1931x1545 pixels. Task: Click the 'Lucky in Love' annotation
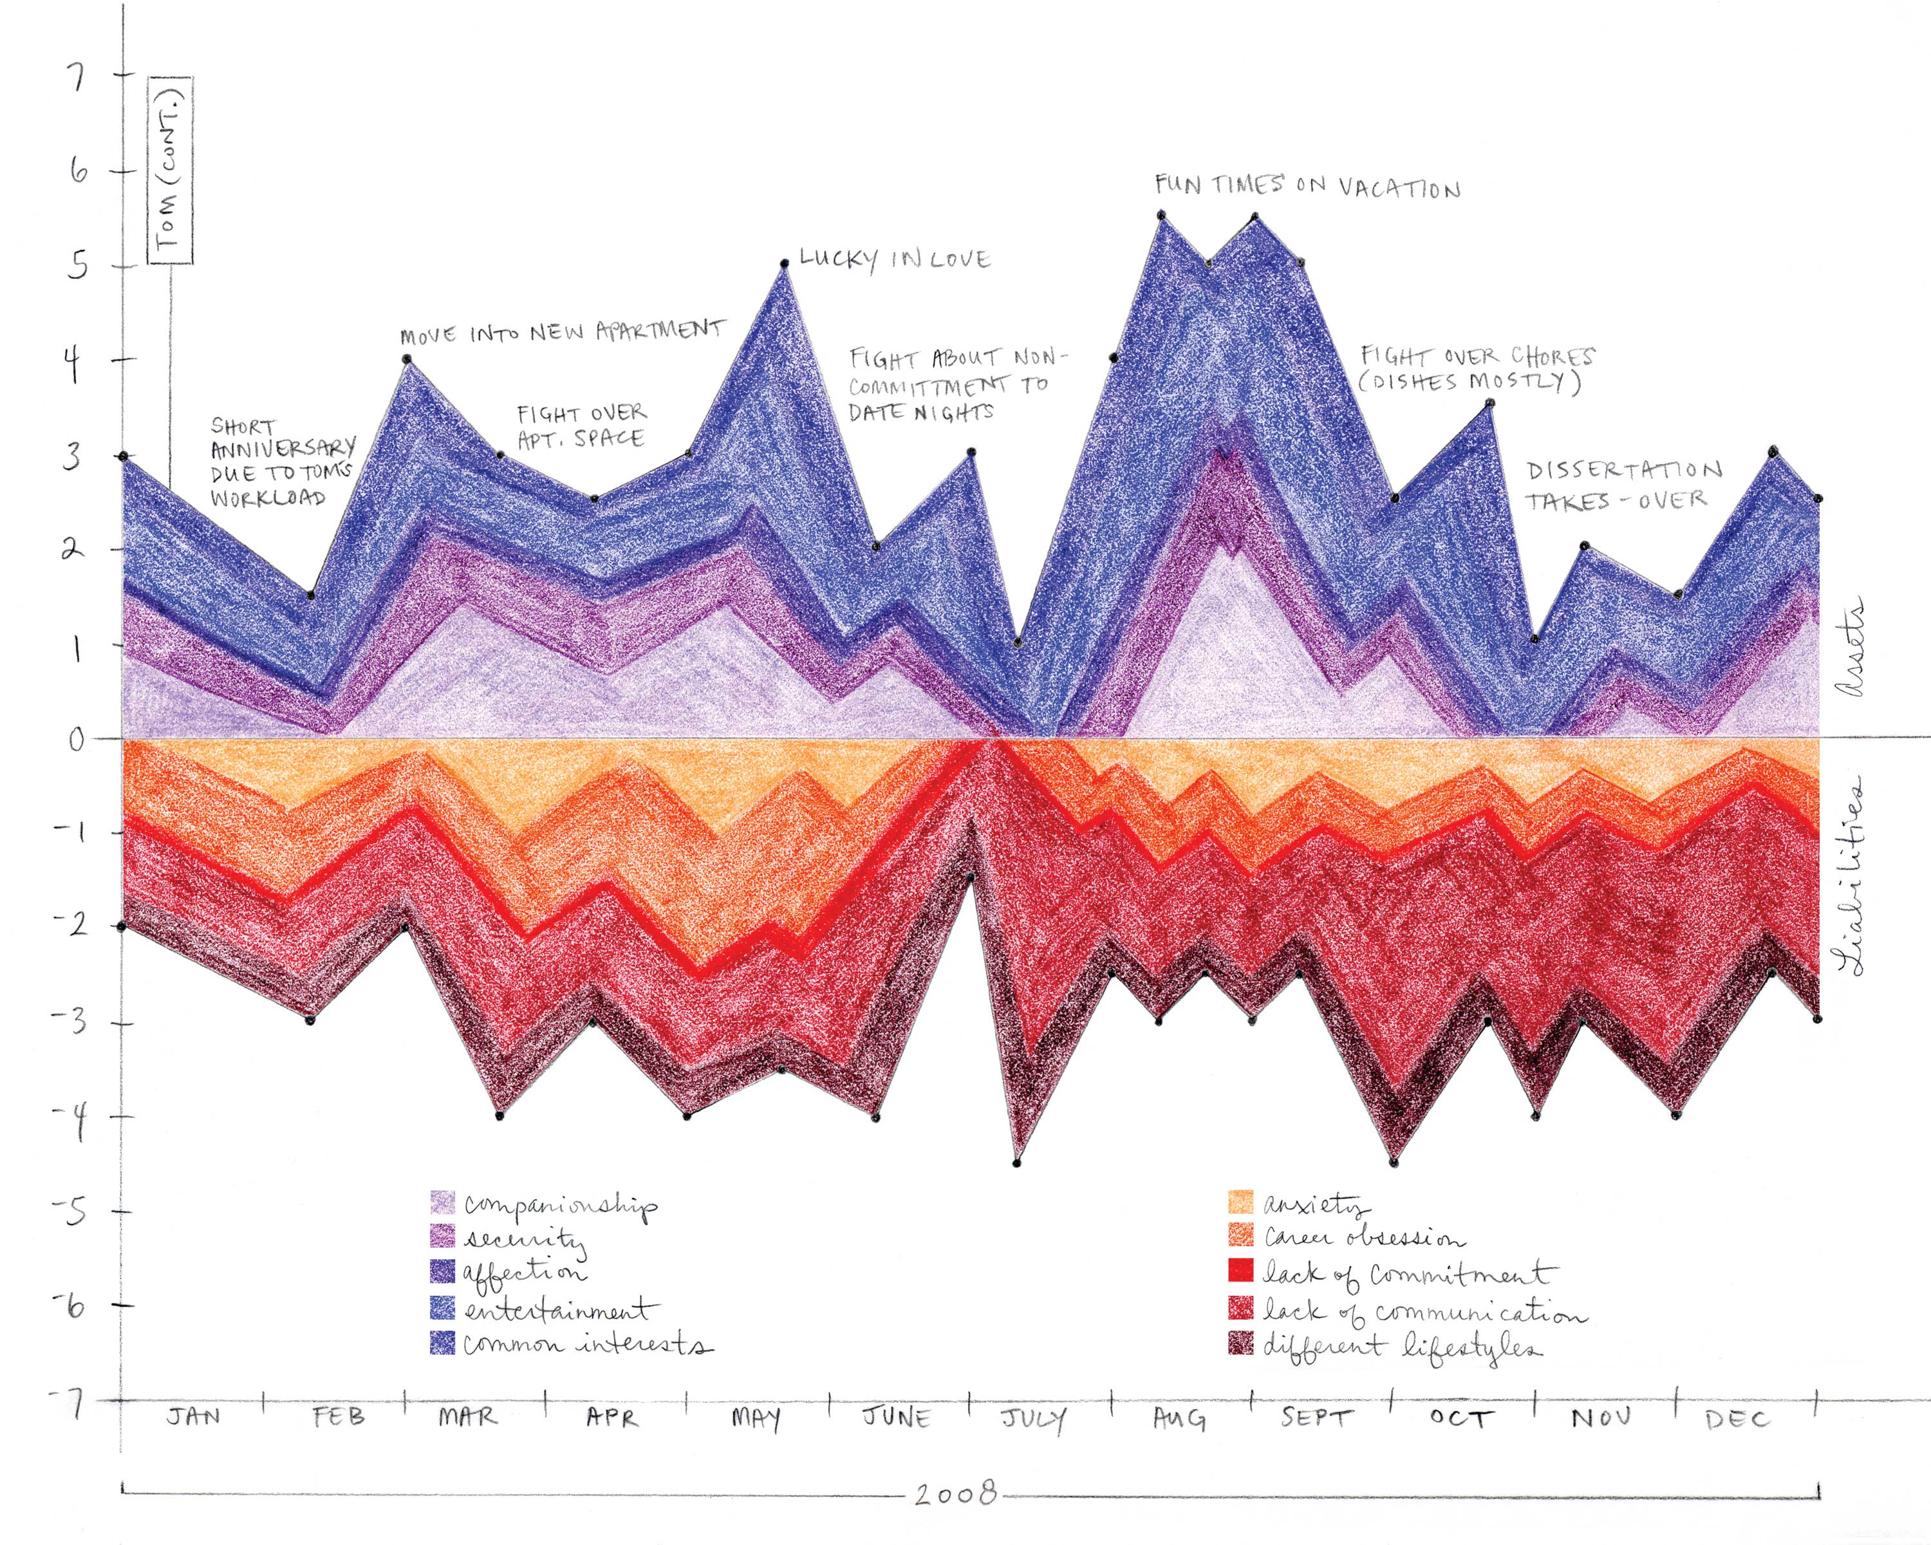(895, 259)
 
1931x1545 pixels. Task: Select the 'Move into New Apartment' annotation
(561, 332)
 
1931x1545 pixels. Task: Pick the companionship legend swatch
(442, 1202)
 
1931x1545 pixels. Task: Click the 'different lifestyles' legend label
(1402, 1346)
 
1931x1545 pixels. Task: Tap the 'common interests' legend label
(586, 1344)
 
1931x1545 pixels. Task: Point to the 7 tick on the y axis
(79, 77)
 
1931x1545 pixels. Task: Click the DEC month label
(1737, 1419)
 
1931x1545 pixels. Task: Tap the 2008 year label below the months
(956, 1493)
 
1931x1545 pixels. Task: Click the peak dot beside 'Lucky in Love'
(784, 263)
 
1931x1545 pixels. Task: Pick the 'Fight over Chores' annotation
(1476, 368)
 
